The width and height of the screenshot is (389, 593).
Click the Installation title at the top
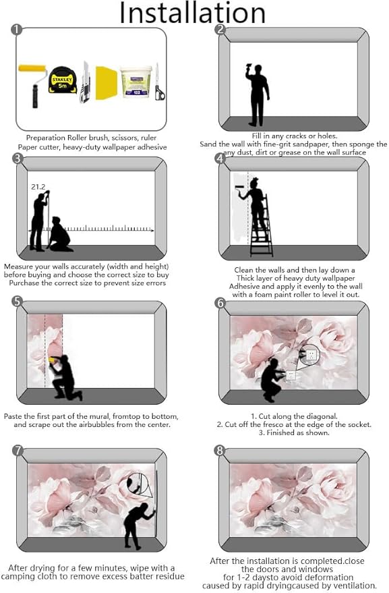(x=192, y=13)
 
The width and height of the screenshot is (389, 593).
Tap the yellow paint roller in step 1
(x=32, y=86)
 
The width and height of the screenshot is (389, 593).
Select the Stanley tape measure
(x=63, y=80)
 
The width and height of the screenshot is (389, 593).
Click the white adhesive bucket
(x=136, y=82)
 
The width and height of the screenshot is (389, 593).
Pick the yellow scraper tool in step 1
(x=107, y=83)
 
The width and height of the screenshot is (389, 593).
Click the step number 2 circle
(x=220, y=30)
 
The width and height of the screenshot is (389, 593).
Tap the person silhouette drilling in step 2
(x=258, y=94)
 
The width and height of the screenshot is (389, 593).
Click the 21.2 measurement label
(x=38, y=187)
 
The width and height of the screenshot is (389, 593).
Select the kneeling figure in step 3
(x=60, y=235)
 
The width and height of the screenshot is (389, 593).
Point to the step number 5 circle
(x=18, y=302)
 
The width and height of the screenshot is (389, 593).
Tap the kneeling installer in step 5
(x=64, y=377)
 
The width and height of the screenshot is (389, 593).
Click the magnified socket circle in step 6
(x=311, y=354)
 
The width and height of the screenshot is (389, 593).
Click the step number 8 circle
(x=220, y=451)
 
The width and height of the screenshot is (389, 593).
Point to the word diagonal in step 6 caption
(x=322, y=416)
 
